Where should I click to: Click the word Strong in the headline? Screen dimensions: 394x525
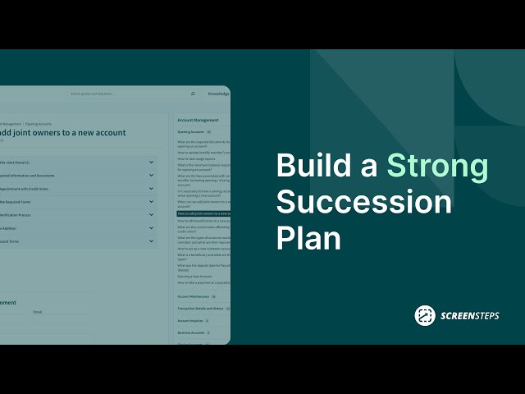[437, 167]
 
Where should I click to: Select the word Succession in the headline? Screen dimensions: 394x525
[364, 203]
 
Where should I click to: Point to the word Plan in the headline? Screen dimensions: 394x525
[308, 239]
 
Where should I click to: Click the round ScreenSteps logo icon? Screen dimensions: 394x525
[424, 315]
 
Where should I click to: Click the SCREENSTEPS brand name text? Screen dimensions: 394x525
[468, 316]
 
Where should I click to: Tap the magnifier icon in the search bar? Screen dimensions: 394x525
[194, 94]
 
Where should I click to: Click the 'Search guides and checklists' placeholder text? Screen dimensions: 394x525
[93, 94]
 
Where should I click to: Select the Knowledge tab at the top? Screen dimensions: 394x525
[218, 94]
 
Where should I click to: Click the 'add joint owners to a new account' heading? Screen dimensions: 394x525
[63, 132]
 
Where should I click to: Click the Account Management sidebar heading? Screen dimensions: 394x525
[198, 120]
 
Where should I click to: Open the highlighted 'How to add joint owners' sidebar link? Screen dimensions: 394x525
[203, 213]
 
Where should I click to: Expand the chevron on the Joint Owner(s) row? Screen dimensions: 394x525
[152, 162]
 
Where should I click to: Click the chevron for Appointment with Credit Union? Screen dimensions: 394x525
[152, 188]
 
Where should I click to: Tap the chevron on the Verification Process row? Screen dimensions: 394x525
[152, 214]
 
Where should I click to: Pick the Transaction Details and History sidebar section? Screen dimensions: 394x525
[200, 309]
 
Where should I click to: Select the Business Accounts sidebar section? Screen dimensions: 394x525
[191, 332]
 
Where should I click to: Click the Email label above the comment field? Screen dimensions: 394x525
[37, 312]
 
